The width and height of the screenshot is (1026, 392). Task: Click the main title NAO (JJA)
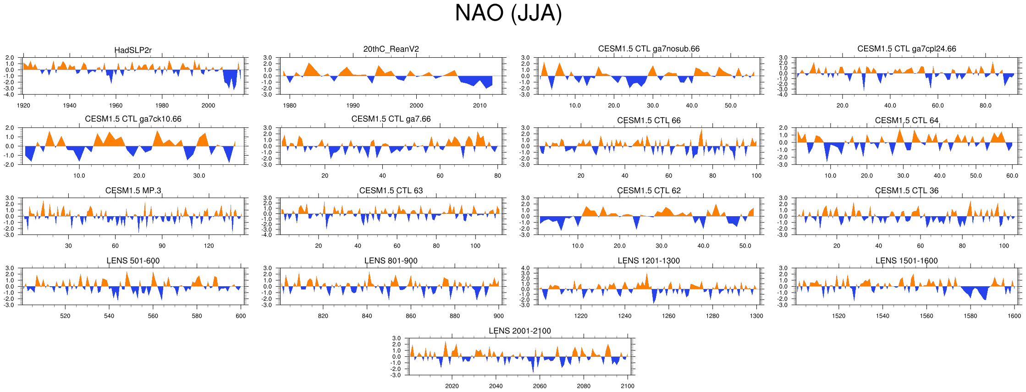[x=508, y=13]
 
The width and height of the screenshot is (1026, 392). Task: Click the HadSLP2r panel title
[x=133, y=50]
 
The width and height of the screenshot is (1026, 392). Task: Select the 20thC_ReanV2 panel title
[x=391, y=49]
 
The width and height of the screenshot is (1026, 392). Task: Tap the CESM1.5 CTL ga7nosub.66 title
[x=649, y=49]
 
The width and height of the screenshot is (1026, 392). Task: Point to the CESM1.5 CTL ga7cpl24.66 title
[x=906, y=49]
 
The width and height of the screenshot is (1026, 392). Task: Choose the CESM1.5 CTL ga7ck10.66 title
[x=133, y=119]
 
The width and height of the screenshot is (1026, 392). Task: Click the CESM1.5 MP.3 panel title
[x=133, y=191]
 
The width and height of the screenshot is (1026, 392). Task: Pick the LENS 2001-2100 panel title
[x=519, y=331]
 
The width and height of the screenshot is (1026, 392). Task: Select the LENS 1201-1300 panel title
[x=649, y=261]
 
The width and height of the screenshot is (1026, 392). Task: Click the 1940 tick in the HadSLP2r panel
[x=70, y=105]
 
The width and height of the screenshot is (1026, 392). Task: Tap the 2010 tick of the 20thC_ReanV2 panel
[x=480, y=105]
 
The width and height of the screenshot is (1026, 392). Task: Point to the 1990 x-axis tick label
[x=353, y=105]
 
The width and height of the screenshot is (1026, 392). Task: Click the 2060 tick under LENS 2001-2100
[x=540, y=386]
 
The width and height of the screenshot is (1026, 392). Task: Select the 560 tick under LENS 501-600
[x=153, y=316]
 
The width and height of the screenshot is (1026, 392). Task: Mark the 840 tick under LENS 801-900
[x=367, y=316]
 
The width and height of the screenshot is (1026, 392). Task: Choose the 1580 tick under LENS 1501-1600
[x=970, y=316]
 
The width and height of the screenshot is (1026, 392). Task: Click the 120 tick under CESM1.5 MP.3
[x=209, y=246]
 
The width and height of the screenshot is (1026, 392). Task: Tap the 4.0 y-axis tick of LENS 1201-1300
[x=525, y=268]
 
